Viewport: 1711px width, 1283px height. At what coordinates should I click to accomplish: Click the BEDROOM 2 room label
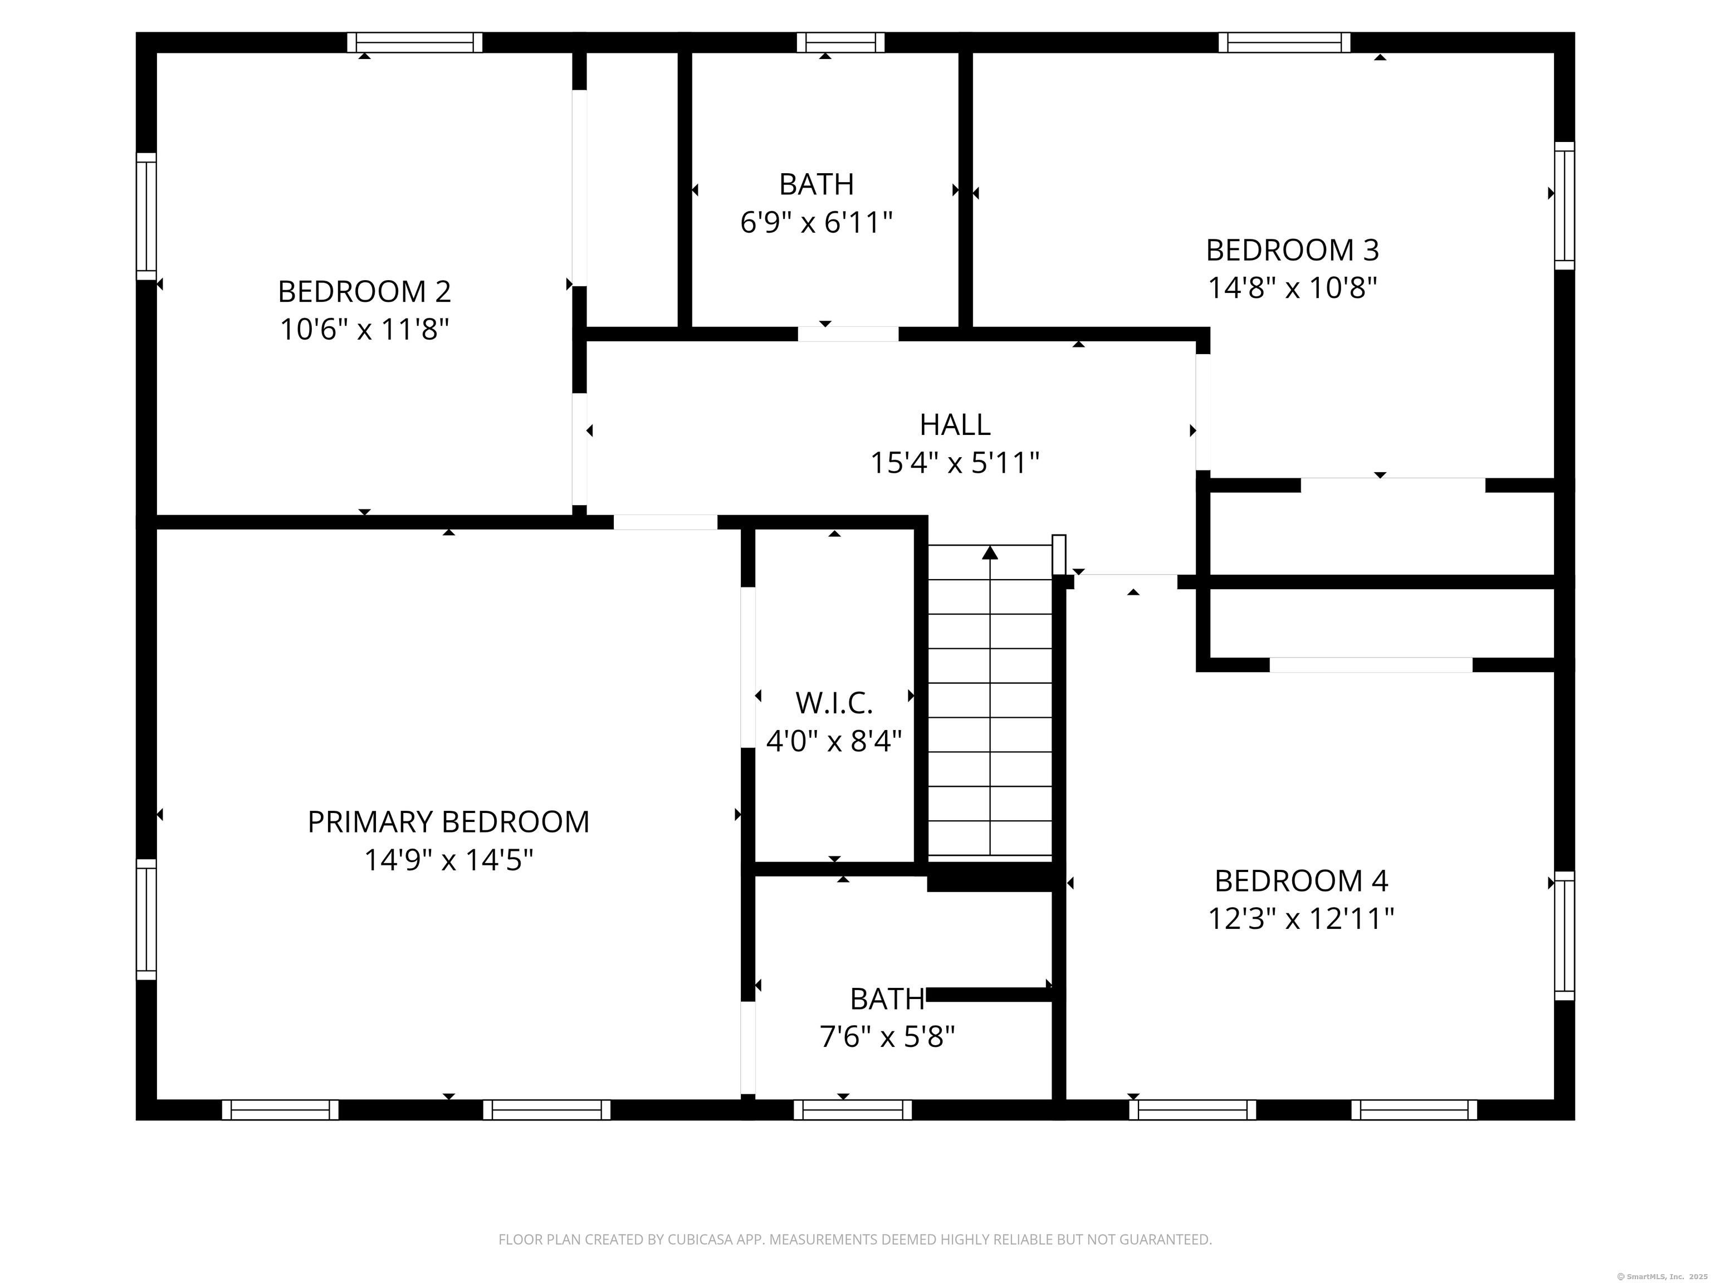(x=364, y=292)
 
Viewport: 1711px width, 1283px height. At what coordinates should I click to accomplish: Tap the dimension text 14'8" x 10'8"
(x=1293, y=288)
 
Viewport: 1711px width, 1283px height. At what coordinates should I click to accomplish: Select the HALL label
(x=955, y=424)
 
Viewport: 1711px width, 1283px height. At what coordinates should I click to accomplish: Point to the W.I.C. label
(x=834, y=703)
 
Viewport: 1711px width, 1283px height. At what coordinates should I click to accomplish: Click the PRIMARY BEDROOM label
(x=448, y=821)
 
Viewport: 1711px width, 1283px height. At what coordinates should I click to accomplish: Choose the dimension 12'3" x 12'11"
(x=1301, y=919)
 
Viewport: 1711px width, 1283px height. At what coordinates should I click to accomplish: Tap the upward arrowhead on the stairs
(x=990, y=553)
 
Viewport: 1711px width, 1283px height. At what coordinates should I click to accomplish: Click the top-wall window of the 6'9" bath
(x=841, y=42)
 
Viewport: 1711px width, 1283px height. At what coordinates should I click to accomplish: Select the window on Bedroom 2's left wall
(x=146, y=216)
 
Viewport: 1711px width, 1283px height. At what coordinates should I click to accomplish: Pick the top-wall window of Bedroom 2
(x=414, y=42)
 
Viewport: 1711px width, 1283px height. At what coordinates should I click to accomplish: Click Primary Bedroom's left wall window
(x=146, y=919)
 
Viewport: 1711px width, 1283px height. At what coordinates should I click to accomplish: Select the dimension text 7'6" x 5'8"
(x=887, y=1036)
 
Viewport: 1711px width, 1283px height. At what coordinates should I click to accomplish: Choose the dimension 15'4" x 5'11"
(x=955, y=463)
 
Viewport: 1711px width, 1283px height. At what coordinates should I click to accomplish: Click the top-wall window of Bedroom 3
(x=1285, y=42)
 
